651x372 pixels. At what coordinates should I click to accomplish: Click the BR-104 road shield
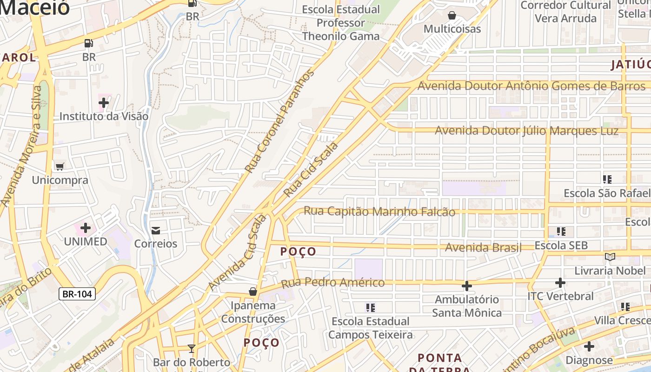(x=77, y=293)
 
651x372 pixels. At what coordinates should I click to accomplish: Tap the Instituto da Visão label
(x=104, y=116)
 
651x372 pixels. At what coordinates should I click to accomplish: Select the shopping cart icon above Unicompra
(x=60, y=166)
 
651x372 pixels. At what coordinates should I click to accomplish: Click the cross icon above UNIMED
(x=86, y=228)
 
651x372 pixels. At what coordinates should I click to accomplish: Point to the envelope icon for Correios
(x=156, y=230)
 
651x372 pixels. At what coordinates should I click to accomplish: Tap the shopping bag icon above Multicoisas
(x=452, y=15)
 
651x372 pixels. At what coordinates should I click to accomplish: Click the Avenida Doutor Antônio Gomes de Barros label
(x=531, y=86)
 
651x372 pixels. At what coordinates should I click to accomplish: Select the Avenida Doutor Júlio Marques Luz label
(x=526, y=131)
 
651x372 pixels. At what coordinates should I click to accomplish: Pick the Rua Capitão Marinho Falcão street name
(x=379, y=212)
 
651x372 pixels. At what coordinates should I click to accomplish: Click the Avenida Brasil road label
(x=483, y=247)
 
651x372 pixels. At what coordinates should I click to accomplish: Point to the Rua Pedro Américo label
(x=332, y=282)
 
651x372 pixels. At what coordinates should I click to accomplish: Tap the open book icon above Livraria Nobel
(x=610, y=257)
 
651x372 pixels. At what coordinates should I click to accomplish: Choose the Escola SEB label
(x=561, y=245)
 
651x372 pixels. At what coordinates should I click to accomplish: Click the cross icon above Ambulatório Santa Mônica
(x=467, y=286)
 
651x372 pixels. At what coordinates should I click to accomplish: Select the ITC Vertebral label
(x=560, y=296)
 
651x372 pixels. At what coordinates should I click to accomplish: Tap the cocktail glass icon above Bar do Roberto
(x=191, y=348)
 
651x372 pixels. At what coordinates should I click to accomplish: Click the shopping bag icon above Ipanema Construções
(x=253, y=292)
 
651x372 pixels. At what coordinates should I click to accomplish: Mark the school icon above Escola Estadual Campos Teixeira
(x=371, y=307)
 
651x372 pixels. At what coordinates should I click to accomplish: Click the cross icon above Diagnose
(x=589, y=346)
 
